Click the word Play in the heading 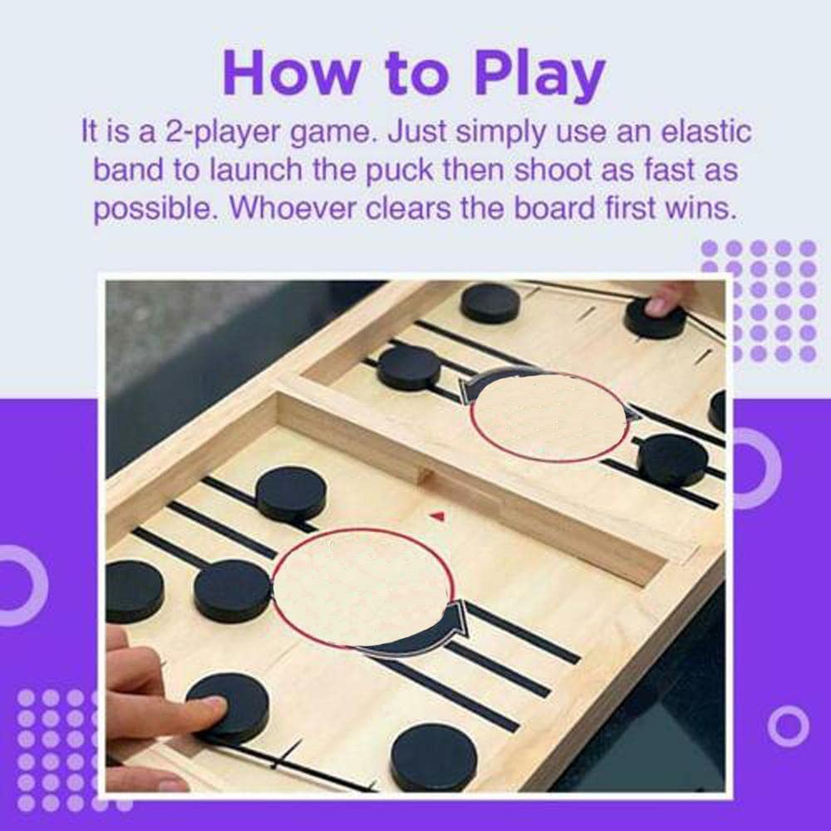pos(539,74)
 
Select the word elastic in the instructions pos(706,131)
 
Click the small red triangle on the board pos(437,516)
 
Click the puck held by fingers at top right pos(656,318)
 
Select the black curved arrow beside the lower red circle pos(419,634)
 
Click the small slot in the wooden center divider pos(425,475)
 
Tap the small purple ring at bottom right pos(789,726)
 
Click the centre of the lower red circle pos(362,588)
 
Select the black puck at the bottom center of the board pos(434,758)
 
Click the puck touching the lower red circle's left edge pos(234,591)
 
